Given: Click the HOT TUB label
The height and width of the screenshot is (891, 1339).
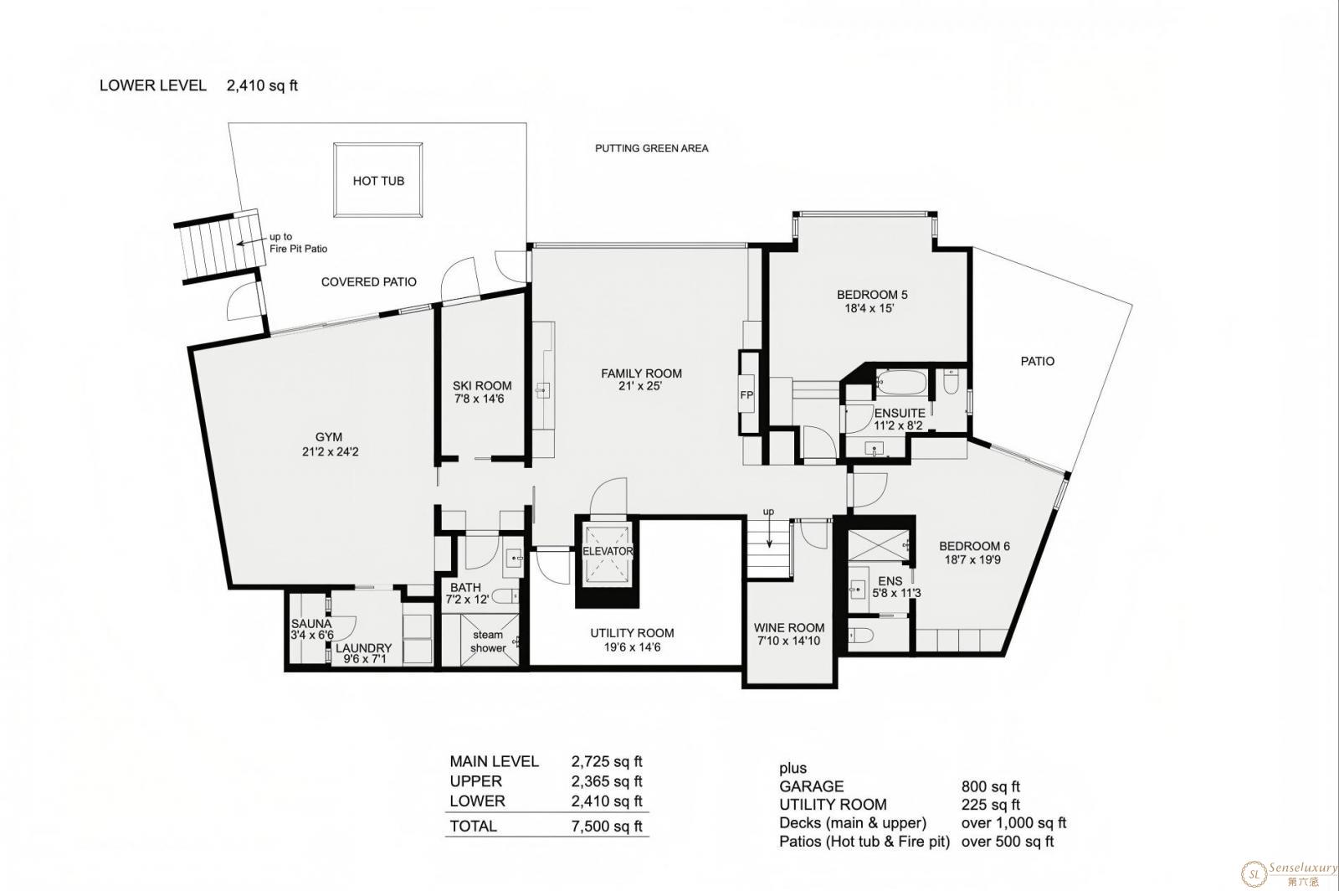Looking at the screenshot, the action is click(378, 181).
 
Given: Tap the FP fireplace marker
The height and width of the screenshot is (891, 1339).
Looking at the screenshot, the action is click(746, 394).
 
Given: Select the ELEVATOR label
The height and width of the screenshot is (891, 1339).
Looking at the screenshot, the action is click(608, 551).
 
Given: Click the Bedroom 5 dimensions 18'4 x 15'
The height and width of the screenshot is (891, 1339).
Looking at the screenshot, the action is click(870, 308).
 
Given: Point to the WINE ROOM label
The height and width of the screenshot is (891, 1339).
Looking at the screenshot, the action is click(789, 627).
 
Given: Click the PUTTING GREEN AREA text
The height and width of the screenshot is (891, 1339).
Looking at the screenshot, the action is click(652, 147).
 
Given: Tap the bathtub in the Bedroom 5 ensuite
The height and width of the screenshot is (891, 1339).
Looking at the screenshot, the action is click(900, 382).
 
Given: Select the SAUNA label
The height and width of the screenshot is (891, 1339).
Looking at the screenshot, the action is click(311, 624).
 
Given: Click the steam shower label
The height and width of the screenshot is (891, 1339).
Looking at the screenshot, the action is click(489, 641).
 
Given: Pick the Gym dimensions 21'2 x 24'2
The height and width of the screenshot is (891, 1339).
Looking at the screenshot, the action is click(331, 451).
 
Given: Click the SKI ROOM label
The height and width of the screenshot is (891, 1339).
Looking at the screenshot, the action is click(482, 386).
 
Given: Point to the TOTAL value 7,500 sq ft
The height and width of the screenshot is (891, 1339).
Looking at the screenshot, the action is click(607, 826).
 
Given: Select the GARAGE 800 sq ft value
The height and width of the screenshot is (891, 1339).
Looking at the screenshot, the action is click(991, 786).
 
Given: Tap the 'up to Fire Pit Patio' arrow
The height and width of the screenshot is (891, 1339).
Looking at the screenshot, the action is click(251, 242).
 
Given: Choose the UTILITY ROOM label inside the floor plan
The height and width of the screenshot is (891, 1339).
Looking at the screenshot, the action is click(632, 633).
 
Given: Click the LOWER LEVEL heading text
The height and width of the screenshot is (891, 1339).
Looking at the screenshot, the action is click(153, 85).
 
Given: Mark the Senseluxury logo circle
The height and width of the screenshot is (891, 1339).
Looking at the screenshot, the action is click(1254, 873).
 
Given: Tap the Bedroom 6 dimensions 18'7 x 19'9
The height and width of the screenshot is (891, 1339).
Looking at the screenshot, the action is click(972, 559).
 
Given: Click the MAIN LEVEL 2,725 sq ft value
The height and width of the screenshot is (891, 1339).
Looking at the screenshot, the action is click(607, 761).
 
